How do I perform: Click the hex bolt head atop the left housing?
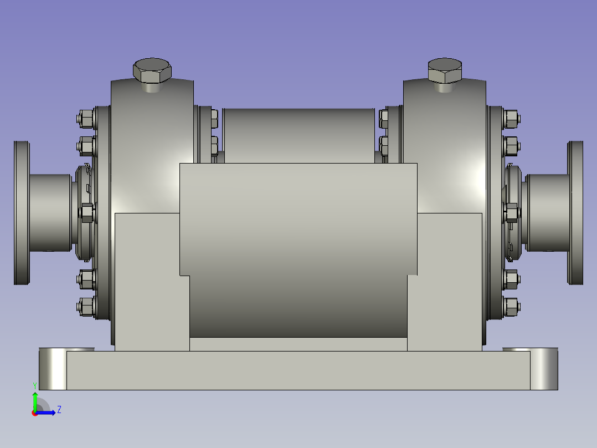pyautogui.click(x=152, y=70)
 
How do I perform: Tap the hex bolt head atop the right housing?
pyautogui.click(x=445, y=70)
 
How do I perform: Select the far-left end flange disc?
pyautogui.click(x=22, y=213)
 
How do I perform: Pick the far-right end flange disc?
pyautogui.click(x=575, y=213)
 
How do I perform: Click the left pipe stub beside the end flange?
pyautogui.click(x=50, y=213)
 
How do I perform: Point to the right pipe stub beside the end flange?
pyautogui.click(x=548, y=213)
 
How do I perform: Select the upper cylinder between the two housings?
pyautogui.click(x=298, y=133)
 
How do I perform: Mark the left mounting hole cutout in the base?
pyautogui.click(x=53, y=369)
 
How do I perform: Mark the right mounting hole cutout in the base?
pyautogui.click(x=544, y=369)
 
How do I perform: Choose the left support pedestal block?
pyautogui.click(x=147, y=283)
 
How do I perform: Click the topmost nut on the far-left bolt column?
pyautogui.click(x=85, y=118)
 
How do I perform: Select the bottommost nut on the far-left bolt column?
pyautogui.click(x=85, y=307)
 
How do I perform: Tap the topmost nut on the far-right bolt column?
pyautogui.click(x=511, y=118)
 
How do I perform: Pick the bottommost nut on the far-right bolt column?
pyautogui.click(x=511, y=306)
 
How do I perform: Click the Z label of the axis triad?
pyautogui.click(x=59, y=410)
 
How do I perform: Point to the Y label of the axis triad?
pyautogui.click(x=35, y=385)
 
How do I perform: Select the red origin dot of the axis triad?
pyautogui.click(x=35, y=413)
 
